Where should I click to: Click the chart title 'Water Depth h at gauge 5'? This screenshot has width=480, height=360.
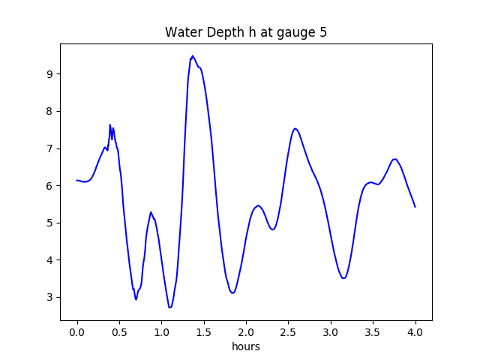(246, 32)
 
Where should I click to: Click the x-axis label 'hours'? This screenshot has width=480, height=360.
(246, 346)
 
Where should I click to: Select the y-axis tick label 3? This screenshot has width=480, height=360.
(49, 297)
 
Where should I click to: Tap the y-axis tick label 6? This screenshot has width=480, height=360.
(49, 186)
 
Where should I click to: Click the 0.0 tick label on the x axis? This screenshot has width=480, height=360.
(77, 332)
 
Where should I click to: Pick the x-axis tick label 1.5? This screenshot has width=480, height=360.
(204, 332)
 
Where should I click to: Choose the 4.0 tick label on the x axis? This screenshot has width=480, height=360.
(415, 332)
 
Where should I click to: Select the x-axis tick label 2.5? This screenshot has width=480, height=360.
(288, 332)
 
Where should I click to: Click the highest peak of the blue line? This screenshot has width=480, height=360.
(193, 55)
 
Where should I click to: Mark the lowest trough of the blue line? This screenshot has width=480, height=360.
(169, 307)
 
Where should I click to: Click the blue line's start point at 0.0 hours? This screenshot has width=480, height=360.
(76, 180)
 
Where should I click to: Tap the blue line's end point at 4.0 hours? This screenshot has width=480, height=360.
(415, 207)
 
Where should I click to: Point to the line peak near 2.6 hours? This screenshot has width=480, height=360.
(295, 128)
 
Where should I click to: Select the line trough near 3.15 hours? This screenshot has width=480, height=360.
(343, 278)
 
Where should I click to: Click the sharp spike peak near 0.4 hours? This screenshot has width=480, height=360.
(110, 125)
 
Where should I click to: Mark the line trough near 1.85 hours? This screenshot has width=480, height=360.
(233, 293)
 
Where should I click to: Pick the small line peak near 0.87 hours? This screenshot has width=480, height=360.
(151, 211)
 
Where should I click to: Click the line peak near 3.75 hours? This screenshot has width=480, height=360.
(395, 159)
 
